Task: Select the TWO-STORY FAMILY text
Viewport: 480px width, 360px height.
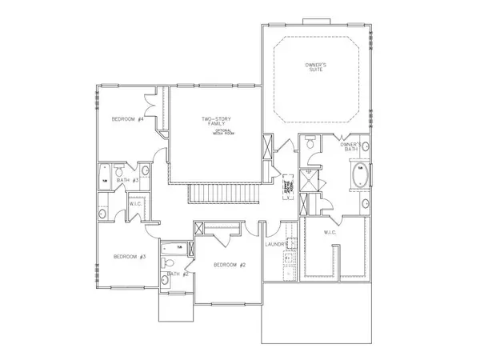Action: click(x=216, y=122)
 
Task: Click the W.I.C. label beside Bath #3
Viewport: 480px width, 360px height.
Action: click(x=135, y=204)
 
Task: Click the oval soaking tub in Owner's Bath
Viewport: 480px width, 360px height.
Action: click(x=358, y=175)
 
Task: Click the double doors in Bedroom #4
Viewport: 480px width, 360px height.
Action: click(x=148, y=104)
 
